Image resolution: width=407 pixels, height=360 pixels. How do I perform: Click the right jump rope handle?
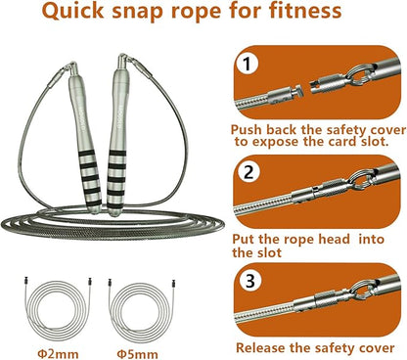tap(136, 108)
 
